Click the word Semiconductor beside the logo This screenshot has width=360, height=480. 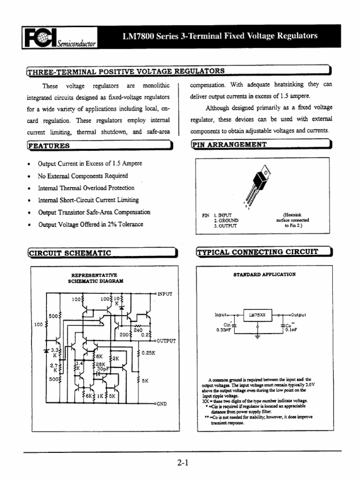click(x=76, y=44)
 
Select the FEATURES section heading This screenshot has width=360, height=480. click(x=49, y=146)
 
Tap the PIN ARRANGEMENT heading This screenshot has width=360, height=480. click(x=229, y=144)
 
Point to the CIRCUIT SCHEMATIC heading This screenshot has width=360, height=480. click(x=70, y=253)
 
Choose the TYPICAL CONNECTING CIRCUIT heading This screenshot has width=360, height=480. click(x=257, y=252)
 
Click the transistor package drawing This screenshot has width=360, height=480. click(x=261, y=184)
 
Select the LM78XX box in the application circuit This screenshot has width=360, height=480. click(x=256, y=315)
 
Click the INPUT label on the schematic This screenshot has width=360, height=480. click(x=165, y=294)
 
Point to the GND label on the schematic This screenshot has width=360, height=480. click(x=161, y=403)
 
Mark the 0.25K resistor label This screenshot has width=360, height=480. click(x=148, y=352)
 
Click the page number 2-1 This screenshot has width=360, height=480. click(x=183, y=464)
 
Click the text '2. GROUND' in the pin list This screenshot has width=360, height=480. click(x=226, y=220)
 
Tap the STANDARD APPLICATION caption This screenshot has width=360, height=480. click(x=264, y=275)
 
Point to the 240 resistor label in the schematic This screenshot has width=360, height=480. click(x=138, y=330)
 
